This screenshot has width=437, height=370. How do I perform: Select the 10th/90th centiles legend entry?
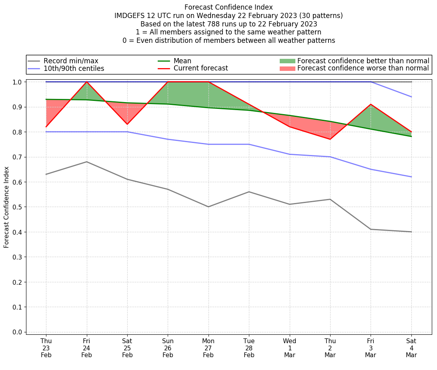(x=74, y=68)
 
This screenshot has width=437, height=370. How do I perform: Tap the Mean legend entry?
(x=182, y=61)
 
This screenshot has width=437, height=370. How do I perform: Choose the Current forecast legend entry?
(x=200, y=68)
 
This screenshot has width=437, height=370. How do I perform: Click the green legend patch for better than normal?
(x=287, y=61)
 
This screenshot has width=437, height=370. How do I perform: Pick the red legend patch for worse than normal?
(x=287, y=68)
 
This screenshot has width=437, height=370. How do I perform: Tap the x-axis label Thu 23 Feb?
(x=46, y=348)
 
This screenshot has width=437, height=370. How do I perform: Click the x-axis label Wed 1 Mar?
(x=289, y=348)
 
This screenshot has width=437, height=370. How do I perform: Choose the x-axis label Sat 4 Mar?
(x=411, y=348)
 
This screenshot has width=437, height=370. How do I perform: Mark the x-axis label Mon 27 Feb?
(x=208, y=348)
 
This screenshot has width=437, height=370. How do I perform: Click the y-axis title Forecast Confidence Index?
(x=6, y=207)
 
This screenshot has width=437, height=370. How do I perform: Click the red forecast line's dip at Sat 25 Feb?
(x=127, y=124)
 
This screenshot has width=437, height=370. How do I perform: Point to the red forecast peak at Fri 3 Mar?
(x=371, y=104)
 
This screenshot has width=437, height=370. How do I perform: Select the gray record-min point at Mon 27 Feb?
(x=208, y=207)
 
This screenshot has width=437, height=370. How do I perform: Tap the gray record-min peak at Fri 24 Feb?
(x=86, y=162)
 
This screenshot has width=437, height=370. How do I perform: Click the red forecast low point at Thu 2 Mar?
(x=330, y=139)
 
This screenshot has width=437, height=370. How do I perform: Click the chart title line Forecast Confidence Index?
(x=229, y=7)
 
